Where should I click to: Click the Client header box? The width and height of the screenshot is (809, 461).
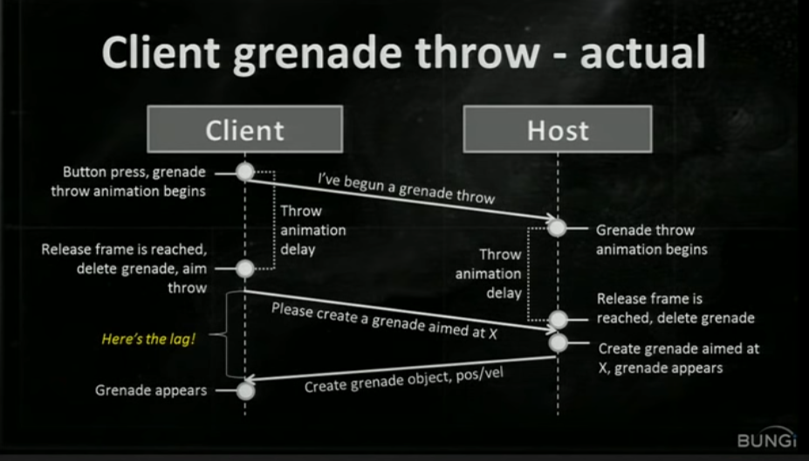[x=244, y=130]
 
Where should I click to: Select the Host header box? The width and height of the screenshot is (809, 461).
[x=558, y=130]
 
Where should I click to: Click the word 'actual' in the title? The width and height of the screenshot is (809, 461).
[x=642, y=54]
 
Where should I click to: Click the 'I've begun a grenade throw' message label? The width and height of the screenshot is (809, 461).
[x=407, y=189]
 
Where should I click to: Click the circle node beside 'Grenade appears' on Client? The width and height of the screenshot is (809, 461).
[x=245, y=390]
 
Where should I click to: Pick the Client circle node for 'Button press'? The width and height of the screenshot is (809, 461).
[x=245, y=171]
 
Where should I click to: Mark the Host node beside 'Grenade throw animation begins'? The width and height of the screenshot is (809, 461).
[x=557, y=229]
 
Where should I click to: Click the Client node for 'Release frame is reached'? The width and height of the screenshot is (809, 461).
[x=245, y=269]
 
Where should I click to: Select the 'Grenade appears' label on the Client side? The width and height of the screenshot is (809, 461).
[x=151, y=390]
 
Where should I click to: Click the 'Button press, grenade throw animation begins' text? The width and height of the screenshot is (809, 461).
[x=134, y=181]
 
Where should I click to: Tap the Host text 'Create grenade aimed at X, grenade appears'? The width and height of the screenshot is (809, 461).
[x=678, y=358]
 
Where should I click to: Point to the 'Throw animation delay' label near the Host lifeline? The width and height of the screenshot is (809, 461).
[x=500, y=274]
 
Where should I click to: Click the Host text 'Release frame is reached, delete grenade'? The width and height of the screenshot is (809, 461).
[x=675, y=308]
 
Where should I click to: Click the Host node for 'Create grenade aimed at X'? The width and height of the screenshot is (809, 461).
[x=557, y=342]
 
